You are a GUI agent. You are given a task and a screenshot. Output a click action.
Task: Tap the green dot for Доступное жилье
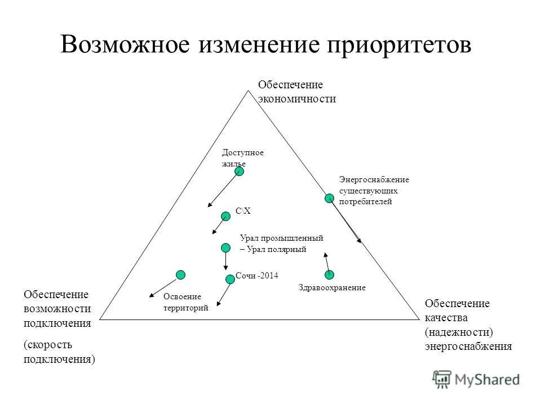240,172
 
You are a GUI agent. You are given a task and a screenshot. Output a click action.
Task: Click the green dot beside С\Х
225,215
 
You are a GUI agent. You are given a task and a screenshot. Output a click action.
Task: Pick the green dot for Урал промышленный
225,247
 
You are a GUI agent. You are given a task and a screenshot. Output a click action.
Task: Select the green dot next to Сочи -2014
230,279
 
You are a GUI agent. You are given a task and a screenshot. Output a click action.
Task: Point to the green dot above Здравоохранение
329,274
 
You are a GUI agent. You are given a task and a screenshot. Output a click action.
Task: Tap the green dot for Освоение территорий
180,274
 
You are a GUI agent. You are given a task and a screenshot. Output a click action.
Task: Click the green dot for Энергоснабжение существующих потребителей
329,198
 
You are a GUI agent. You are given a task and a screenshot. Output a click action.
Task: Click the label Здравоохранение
331,287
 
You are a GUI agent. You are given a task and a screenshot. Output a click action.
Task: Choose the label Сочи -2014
257,276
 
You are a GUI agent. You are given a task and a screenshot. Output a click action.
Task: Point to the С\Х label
243,211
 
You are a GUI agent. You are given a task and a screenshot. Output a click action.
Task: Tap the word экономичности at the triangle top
297,99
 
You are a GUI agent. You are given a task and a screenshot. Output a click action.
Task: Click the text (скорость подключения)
59,352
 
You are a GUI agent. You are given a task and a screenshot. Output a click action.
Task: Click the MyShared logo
477,379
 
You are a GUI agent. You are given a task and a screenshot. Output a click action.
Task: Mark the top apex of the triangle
249,91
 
